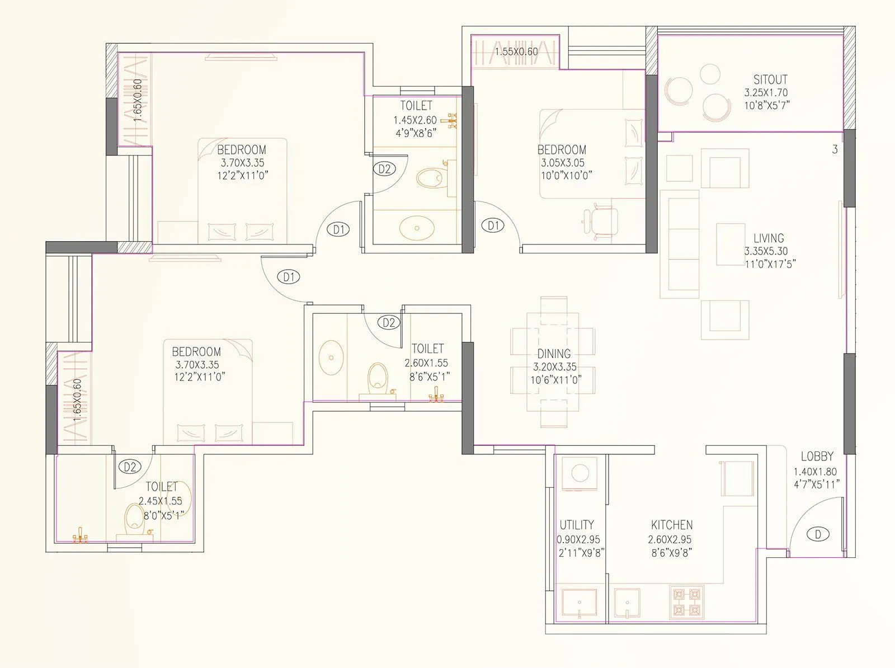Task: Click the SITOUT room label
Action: click(x=770, y=79)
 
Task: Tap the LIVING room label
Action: click(x=768, y=238)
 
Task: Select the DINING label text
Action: click(x=554, y=354)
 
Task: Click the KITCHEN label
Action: click(x=671, y=525)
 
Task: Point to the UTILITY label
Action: click(x=577, y=525)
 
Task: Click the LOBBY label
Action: click(x=817, y=457)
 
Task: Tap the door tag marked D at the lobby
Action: click(x=818, y=534)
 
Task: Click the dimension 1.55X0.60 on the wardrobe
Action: click(x=516, y=52)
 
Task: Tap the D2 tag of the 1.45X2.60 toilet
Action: click(x=384, y=168)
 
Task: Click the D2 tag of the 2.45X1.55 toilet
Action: click(x=130, y=466)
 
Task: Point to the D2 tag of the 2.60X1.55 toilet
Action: click(x=389, y=323)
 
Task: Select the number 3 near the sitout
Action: click(x=835, y=149)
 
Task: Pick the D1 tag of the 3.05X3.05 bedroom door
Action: click(x=493, y=225)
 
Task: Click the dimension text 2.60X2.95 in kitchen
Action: click(x=670, y=540)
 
